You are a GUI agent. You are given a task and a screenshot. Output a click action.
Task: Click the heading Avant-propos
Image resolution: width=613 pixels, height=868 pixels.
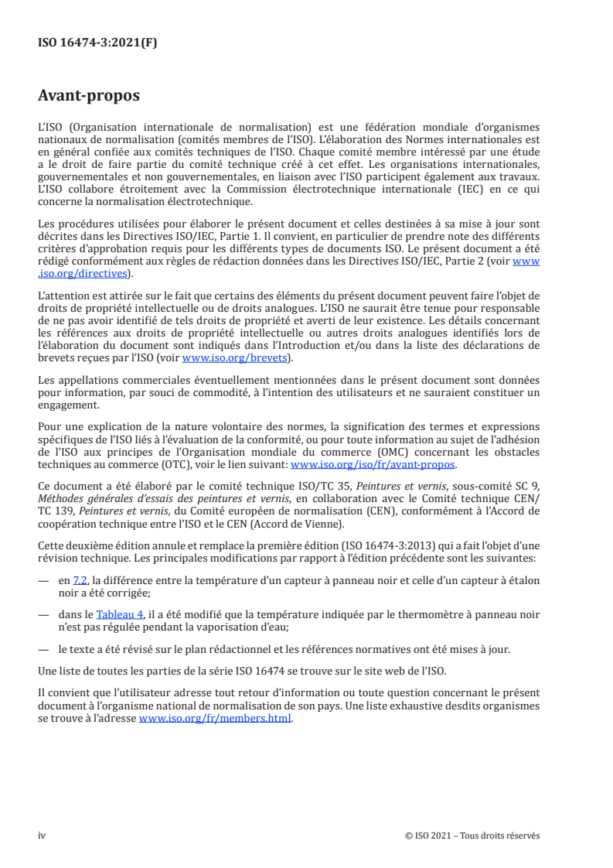tap(89, 97)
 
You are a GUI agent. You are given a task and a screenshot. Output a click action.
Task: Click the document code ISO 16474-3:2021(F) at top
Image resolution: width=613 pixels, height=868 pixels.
tap(97, 43)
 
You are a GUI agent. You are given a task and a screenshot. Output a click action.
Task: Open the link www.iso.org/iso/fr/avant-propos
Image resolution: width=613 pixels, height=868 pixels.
tap(373, 465)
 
